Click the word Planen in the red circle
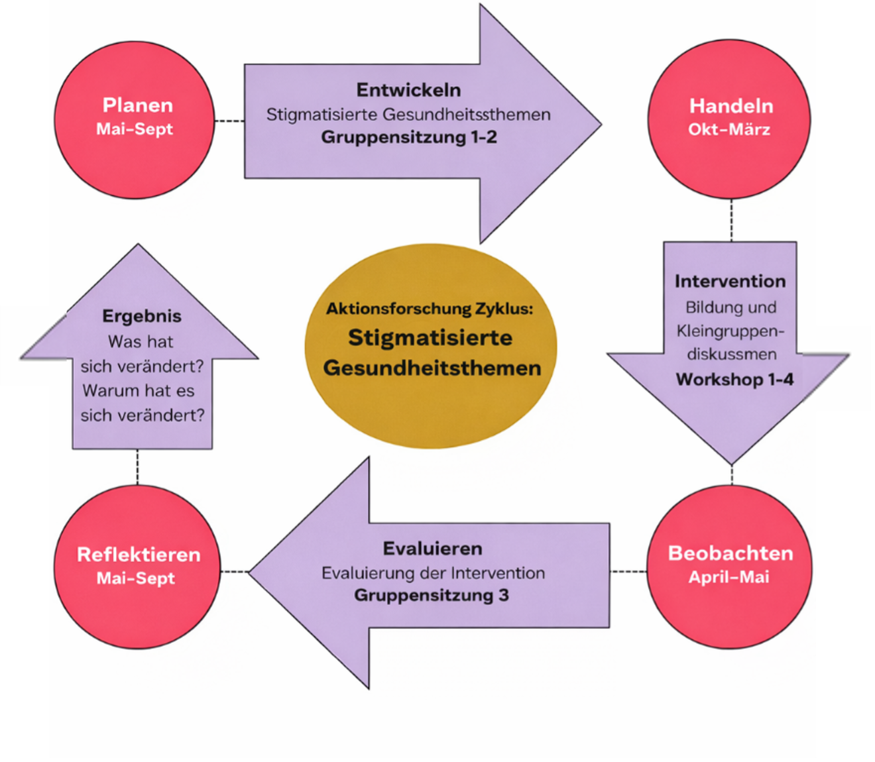tap(137, 105)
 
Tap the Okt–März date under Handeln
tap(729, 129)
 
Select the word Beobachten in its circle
tap(730, 553)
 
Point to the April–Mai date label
tap(729, 577)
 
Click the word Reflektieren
tap(139, 555)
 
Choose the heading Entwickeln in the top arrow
tap(408, 89)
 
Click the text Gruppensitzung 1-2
tap(409, 137)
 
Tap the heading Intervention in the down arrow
tap(730, 281)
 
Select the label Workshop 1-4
tap(734, 380)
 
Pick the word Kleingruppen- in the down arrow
tap(730, 331)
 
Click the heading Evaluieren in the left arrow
tap(432, 549)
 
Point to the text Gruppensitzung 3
tap(432, 595)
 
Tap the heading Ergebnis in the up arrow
tap(142, 316)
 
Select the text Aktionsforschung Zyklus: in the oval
tap(430, 309)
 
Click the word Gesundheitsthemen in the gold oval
tap(432, 368)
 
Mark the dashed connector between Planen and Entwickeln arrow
tap(229, 121)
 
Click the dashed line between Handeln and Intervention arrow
tap(731, 220)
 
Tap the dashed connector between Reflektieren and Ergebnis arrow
tap(137, 466)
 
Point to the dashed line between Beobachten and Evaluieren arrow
tap(628, 571)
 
